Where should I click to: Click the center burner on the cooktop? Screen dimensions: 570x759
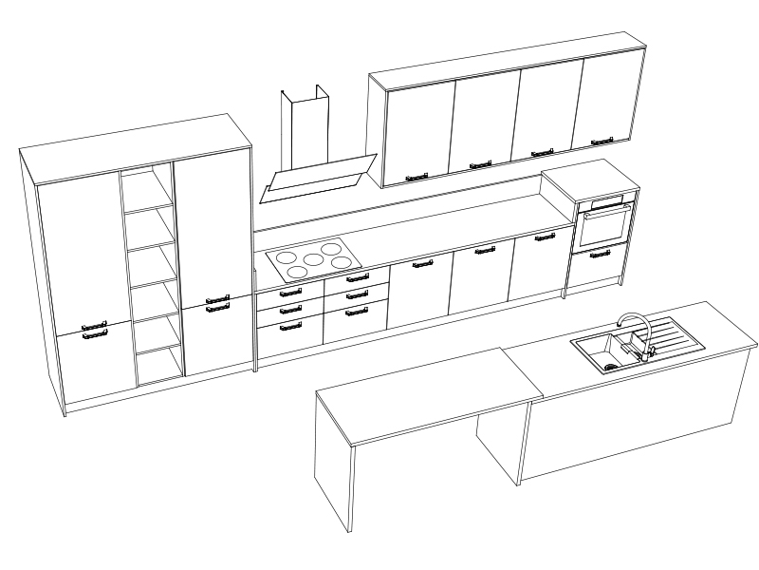(x=311, y=258)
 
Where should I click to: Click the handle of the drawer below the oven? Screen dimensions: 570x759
(x=600, y=254)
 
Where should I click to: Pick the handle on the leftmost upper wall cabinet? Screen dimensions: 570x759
(x=417, y=176)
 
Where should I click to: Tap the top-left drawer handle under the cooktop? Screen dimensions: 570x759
(x=291, y=294)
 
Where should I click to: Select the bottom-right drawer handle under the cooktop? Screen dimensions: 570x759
(x=357, y=310)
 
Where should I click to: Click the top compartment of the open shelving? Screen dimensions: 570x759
(x=148, y=191)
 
